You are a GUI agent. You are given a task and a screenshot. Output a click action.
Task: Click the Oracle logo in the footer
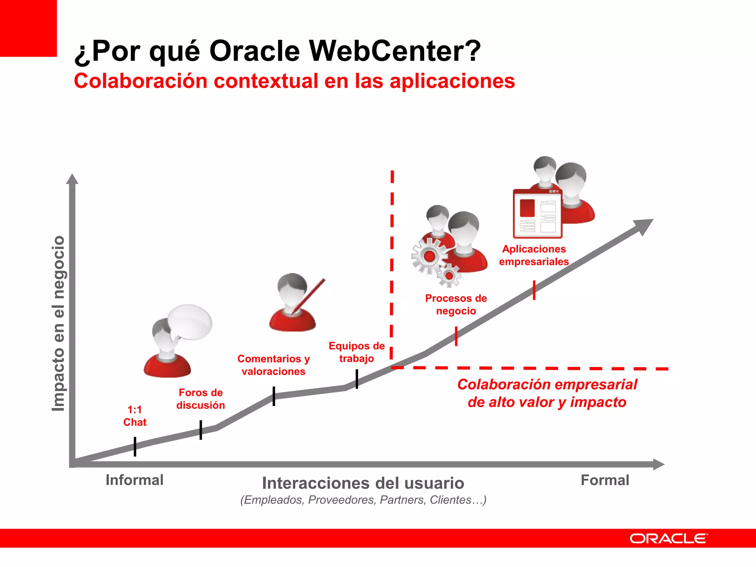[669, 539]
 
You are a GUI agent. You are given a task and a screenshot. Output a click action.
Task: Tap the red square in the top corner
[28, 28]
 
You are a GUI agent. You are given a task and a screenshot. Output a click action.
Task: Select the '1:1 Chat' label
[135, 416]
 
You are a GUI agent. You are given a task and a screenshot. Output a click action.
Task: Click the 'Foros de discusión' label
[200, 399]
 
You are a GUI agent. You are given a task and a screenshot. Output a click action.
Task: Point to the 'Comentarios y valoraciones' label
[274, 365]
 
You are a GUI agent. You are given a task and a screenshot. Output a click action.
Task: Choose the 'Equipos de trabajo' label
[357, 352]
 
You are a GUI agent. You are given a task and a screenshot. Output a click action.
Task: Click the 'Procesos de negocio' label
[456, 305]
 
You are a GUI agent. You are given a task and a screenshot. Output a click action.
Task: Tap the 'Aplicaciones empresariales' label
[534, 255]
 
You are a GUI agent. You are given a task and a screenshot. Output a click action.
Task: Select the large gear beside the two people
[429, 256]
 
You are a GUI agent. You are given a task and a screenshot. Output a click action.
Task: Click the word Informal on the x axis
[134, 480]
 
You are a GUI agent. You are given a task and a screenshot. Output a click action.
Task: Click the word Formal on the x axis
[605, 480]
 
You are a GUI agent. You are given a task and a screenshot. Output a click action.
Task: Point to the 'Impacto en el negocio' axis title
[58, 323]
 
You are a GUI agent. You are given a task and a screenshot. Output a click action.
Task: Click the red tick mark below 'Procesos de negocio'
[456, 336]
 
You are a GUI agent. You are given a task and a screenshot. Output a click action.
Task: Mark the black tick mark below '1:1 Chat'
[135, 447]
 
